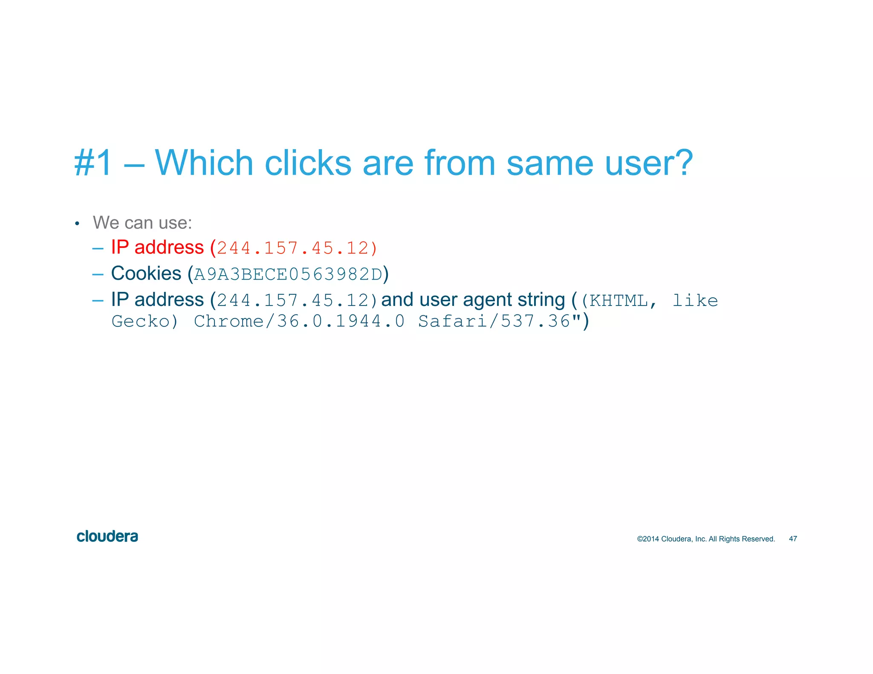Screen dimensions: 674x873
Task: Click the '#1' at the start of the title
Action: click(x=93, y=163)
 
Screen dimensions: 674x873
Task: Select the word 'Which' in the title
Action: click(x=204, y=163)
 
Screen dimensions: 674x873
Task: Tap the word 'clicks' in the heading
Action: click(x=308, y=163)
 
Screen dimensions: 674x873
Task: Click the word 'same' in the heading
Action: click(x=549, y=163)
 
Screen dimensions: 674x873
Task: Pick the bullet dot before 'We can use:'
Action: click(x=77, y=224)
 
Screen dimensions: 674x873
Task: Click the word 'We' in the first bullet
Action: click(x=106, y=223)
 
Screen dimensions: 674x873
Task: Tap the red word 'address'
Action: click(x=169, y=248)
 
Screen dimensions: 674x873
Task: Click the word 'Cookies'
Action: click(x=146, y=274)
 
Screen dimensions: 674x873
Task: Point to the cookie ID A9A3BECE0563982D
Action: click(x=288, y=274)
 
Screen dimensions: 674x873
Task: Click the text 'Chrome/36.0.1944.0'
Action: click(x=299, y=321)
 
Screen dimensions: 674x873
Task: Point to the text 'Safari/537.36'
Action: click(x=494, y=321)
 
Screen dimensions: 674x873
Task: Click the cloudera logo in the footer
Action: click(x=107, y=536)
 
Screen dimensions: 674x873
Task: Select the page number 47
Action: click(x=793, y=539)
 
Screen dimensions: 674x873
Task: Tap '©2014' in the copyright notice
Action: click(x=648, y=539)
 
